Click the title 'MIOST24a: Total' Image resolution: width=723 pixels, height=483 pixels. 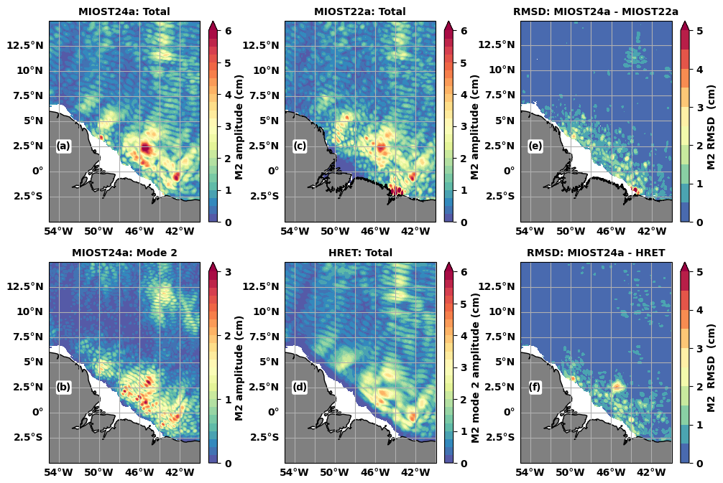[x=124, y=11]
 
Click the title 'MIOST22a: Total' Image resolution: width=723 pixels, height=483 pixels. [x=360, y=11]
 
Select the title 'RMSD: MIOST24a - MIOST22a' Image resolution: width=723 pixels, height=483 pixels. [x=596, y=11]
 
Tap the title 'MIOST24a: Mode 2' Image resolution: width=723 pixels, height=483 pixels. [x=124, y=253]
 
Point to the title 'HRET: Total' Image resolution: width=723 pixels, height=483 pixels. [x=360, y=253]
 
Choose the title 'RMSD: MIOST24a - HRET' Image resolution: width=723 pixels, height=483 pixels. [x=596, y=253]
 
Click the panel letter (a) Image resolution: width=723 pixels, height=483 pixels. [x=63, y=146]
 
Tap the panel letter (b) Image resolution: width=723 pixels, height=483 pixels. [x=63, y=388]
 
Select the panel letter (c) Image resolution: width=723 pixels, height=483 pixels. [x=300, y=146]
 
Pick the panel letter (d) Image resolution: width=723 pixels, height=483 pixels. [x=300, y=388]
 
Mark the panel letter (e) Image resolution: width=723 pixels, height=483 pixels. [x=535, y=146]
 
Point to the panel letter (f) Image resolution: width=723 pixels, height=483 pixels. [x=535, y=388]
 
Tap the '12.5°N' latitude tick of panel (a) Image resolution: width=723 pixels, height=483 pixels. [x=28, y=45]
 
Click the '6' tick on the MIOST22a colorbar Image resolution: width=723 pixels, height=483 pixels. [x=464, y=31]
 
